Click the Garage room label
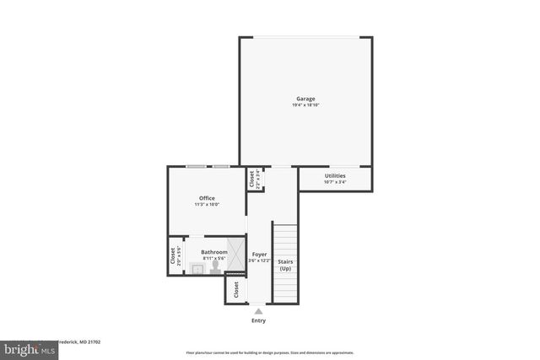click(x=305, y=99)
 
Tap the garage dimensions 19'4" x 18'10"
click(x=305, y=105)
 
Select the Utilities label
click(x=335, y=175)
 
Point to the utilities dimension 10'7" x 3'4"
click(x=335, y=182)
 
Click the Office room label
click(x=207, y=198)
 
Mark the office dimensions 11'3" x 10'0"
click(x=207, y=205)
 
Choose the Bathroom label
click(x=213, y=252)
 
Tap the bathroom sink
click(x=197, y=269)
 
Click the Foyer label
click(x=259, y=254)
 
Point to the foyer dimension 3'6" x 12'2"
click(x=259, y=261)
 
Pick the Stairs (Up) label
click(x=285, y=265)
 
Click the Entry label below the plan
click(x=258, y=321)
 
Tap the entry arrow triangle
click(x=258, y=311)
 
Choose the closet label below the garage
click(x=251, y=180)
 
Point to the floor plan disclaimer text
click(x=270, y=352)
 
